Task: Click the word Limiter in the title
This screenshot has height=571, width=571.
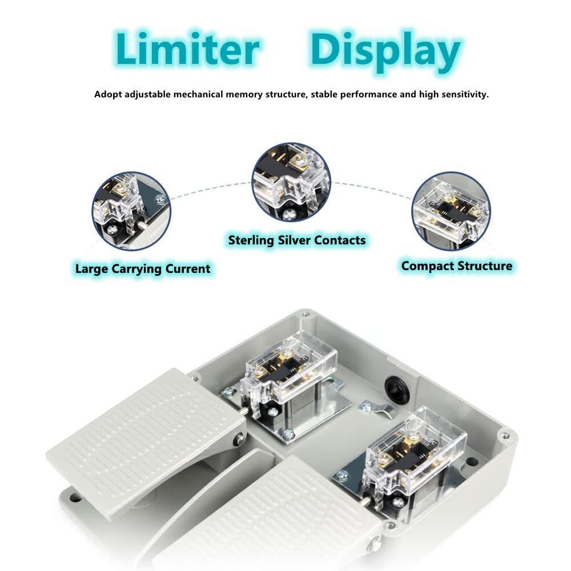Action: click(x=187, y=49)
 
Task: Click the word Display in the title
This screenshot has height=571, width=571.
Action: click(x=385, y=52)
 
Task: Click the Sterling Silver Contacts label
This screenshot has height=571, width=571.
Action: click(x=297, y=240)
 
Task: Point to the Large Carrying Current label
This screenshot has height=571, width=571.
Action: click(x=143, y=269)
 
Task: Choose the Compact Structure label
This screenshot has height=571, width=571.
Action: click(x=457, y=266)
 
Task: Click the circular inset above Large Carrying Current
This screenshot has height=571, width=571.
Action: click(x=131, y=211)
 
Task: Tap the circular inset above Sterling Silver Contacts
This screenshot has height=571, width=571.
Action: click(x=291, y=182)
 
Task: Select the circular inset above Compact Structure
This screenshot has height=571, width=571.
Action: click(x=451, y=211)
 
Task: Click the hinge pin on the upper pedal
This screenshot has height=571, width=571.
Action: click(x=239, y=439)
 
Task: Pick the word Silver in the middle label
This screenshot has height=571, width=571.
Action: click(x=294, y=240)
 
